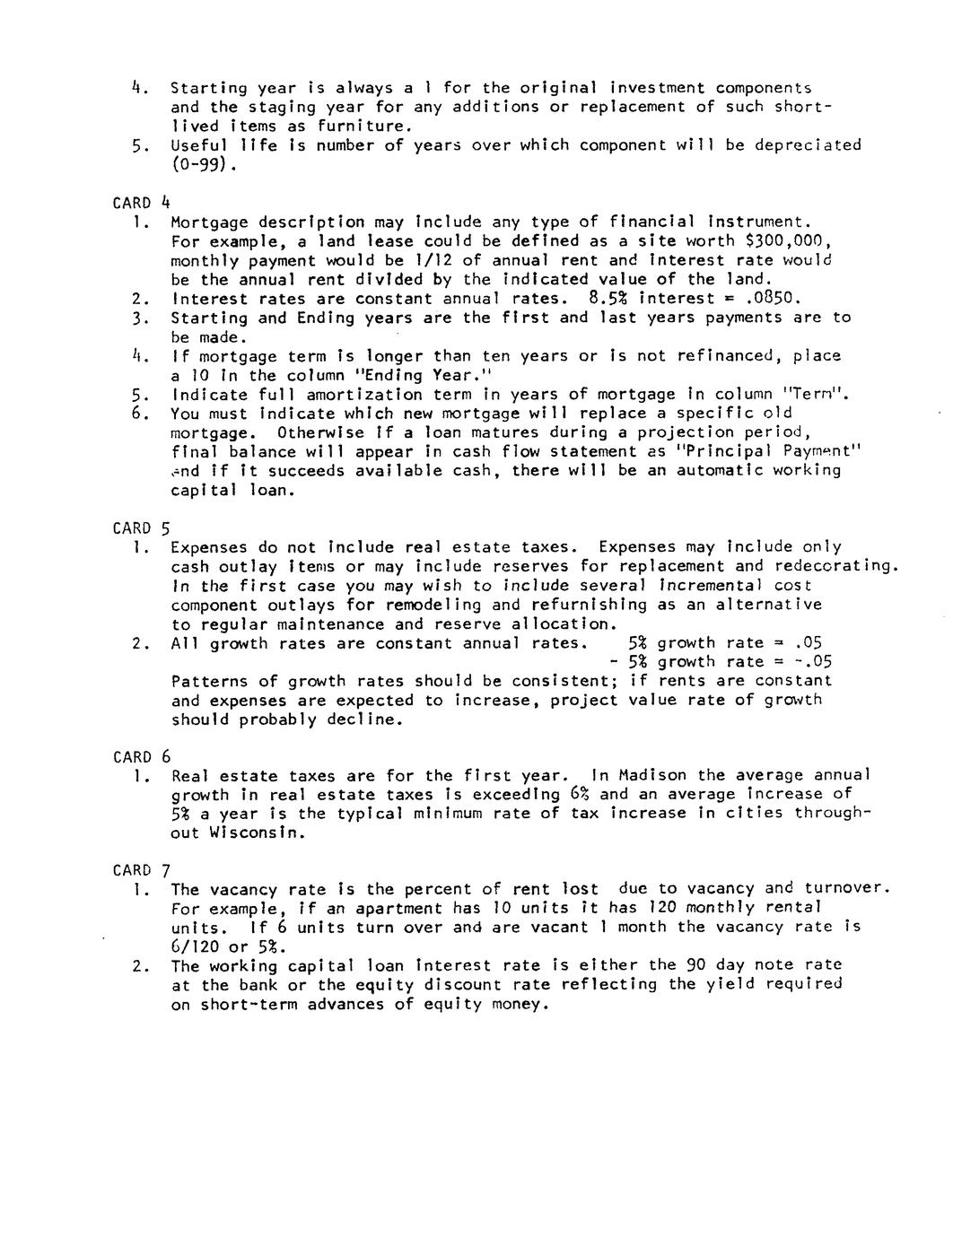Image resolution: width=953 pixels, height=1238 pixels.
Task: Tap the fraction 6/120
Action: point(196,947)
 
